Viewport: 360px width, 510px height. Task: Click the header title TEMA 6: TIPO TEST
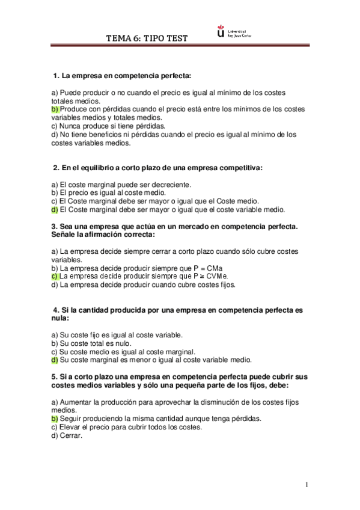point(147,38)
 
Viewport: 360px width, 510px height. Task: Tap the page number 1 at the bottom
point(306,485)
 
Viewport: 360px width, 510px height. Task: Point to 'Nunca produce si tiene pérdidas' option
point(108,126)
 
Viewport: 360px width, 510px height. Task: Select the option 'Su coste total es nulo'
point(96,343)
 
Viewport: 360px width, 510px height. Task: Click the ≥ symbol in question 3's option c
point(202,276)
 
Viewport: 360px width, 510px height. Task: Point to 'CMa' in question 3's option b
point(222,268)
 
